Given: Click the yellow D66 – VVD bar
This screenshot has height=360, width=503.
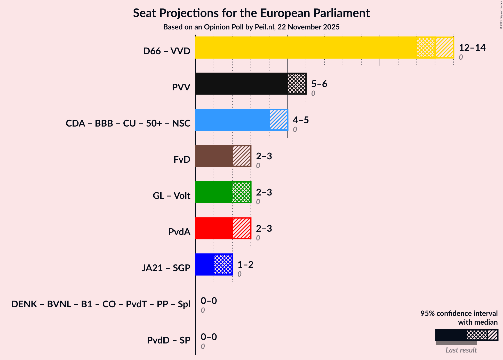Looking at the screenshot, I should pyautogui.click(x=306, y=48).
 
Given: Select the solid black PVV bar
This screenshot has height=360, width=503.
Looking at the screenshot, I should pyautogui.click(x=241, y=84).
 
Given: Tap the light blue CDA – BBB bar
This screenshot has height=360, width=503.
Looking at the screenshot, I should pyautogui.click(x=232, y=120).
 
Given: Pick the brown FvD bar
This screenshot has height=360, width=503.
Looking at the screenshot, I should pyautogui.click(x=214, y=156).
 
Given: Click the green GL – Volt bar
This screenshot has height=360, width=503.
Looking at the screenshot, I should pyautogui.click(x=214, y=192).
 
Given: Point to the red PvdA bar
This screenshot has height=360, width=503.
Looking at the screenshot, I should pyautogui.click(x=214, y=228).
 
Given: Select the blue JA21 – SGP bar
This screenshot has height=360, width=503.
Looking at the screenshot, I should pyautogui.click(x=204, y=264).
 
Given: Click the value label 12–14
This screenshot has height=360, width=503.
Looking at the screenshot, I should pyautogui.click(x=472, y=48).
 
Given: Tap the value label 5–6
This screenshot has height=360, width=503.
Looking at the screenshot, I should pyautogui.click(x=319, y=84).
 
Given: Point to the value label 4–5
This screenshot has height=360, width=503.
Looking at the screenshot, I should pyautogui.click(x=301, y=120).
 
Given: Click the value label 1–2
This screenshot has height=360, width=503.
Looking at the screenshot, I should pyautogui.click(x=245, y=265).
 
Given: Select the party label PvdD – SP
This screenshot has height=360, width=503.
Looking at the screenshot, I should pyautogui.click(x=169, y=340).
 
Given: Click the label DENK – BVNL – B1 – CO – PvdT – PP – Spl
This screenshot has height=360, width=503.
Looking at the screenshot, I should pyautogui.click(x=101, y=304).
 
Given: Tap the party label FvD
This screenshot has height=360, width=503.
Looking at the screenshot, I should pyautogui.click(x=182, y=159).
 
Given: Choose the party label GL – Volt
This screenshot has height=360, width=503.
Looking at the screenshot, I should pyautogui.click(x=171, y=195).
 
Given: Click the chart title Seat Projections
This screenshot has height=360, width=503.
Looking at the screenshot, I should pyautogui.click(x=251, y=13).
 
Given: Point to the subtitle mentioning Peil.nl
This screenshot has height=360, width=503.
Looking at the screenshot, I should pyautogui.click(x=251, y=27).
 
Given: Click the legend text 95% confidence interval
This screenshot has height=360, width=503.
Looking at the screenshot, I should pyautogui.click(x=459, y=313).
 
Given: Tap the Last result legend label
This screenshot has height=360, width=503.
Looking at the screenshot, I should pyautogui.click(x=461, y=350).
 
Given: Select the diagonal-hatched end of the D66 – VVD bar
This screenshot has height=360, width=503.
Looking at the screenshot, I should pyautogui.click(x=444, y=48).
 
